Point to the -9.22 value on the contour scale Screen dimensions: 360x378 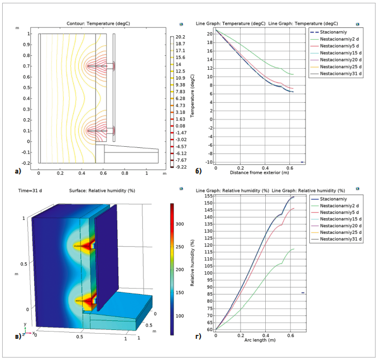180,167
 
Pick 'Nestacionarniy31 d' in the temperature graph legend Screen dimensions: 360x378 342,73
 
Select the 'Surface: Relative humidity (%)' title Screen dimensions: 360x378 117,191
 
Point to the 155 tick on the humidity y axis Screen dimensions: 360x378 208,196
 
